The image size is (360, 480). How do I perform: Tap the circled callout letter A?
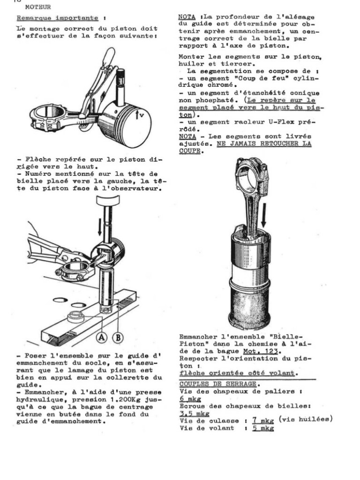pos(100,336)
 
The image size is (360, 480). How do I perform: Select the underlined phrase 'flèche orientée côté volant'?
pos(239,373)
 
